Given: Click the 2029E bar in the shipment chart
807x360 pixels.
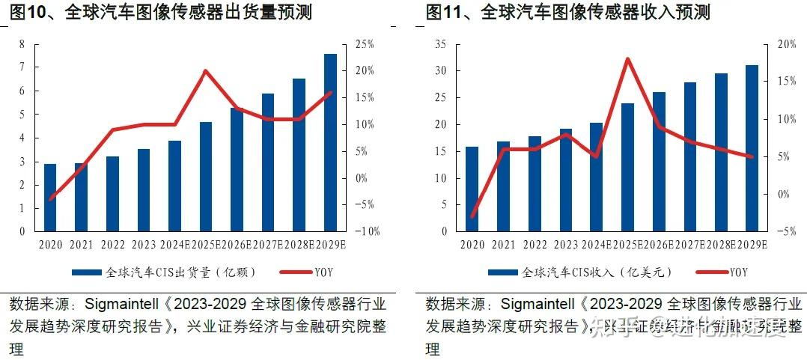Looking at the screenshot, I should point(330,142).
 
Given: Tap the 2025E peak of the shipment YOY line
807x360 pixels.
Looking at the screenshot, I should point(205,71).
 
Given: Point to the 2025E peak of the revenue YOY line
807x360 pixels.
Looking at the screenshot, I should point(627,59).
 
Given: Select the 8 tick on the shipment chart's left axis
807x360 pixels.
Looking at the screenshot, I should point(22,44).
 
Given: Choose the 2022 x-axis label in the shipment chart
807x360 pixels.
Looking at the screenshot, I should point(112,245).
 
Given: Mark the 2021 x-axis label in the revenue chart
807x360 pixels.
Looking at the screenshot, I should point(503,245).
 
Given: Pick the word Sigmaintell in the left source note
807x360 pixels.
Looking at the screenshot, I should point(121,305).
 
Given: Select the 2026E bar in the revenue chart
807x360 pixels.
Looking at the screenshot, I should point(659,162).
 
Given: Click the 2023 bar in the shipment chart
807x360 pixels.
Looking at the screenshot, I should point(143,190).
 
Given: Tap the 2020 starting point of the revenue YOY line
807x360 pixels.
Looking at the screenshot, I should point(472,216).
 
